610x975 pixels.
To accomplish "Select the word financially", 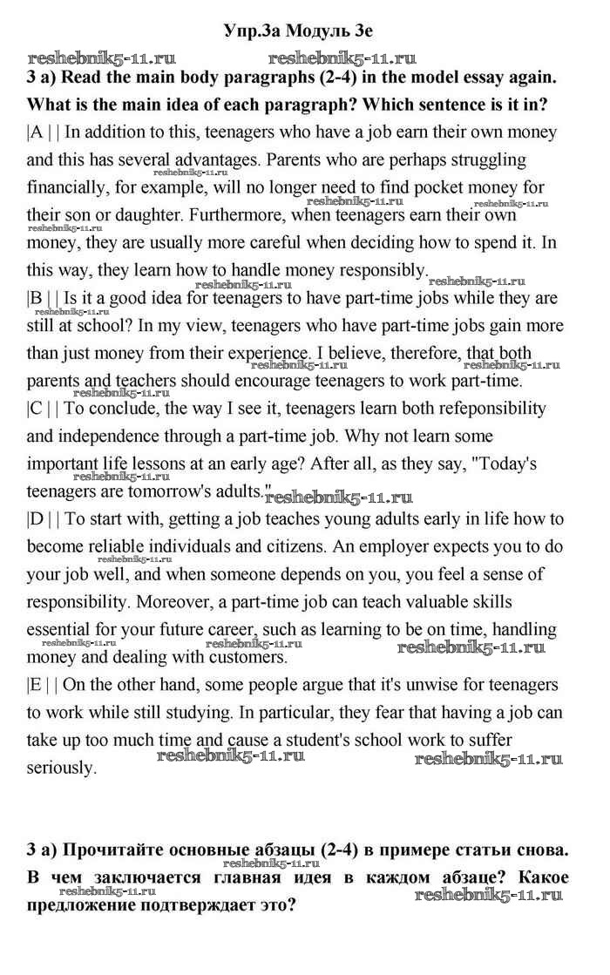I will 67,187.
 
